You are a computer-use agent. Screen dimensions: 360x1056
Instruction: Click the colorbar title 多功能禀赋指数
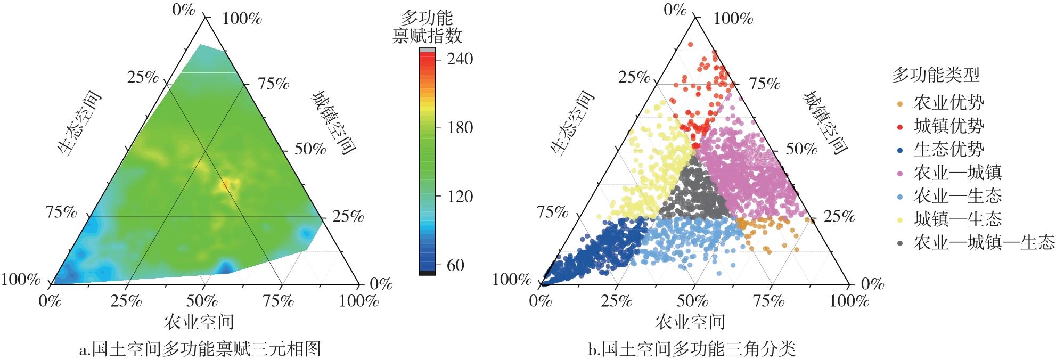click(427, 28)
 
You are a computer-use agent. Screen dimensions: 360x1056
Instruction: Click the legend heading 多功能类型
click(936, 76)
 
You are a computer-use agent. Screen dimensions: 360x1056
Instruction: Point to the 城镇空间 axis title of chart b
click(825, 123)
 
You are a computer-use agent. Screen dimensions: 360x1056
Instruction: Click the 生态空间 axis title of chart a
click(79, 124)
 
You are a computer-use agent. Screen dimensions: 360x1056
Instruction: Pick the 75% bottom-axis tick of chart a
click(278, 301)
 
